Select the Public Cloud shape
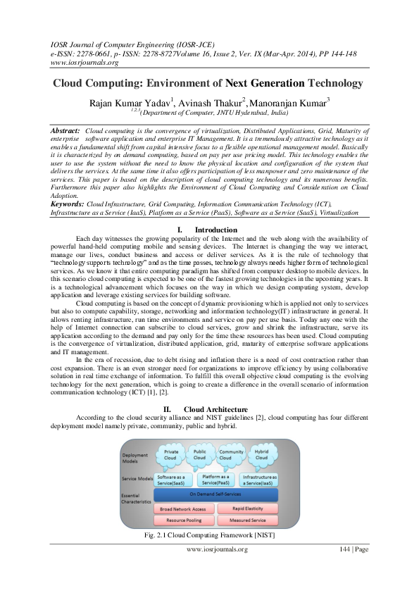pyautogui.click(x=200, y=455)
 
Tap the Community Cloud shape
pyautogui.click(x=231, y=455)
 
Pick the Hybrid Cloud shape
pyautogui.click(x=261, y=455)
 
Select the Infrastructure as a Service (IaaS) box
pyautogui.click(x=261, y=480)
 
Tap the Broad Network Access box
pyautogui.click(x=182, y=508)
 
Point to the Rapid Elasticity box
pyautogui.click(x=248, y=508)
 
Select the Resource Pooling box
pyautogui.click(x=182, y=520)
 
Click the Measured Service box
pyautogui.click(x=248, y=520)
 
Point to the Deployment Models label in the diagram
pyautogui.click(x=136, y=458)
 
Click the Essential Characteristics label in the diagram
pyautogui.click(x=136, y=499)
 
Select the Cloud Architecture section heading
pyautogui.click(x=215, y=408)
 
